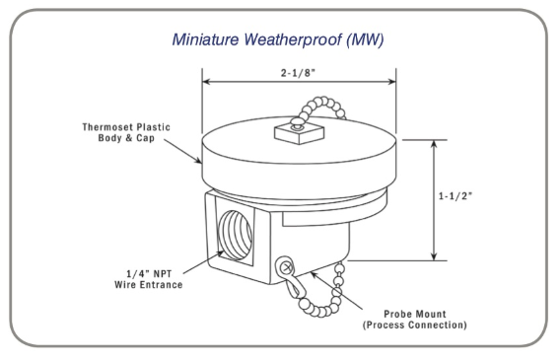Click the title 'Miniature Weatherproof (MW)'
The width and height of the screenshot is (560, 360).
point(278,39)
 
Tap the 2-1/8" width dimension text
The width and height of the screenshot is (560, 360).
point(298,73)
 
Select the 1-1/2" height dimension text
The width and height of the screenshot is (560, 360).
point(455,196)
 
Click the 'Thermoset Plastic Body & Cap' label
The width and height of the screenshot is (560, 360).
point(126,132)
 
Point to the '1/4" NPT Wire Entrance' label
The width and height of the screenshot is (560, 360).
point(149,279)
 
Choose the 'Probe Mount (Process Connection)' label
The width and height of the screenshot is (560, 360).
point(415,320)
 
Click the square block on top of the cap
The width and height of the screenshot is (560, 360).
point(300,133)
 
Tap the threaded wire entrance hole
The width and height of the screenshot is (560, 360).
point(236,236)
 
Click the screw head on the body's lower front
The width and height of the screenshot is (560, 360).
point(286,267)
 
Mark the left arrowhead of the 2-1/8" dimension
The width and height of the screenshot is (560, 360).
point(207,82)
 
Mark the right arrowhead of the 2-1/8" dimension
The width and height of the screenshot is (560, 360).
point(391,82)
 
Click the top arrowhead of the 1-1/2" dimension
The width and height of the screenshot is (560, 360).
point(434,145)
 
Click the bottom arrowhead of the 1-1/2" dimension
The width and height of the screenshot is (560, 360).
point(434,255)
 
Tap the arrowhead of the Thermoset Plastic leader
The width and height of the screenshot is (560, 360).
point(198,161)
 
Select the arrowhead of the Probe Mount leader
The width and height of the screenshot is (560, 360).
point(314,274)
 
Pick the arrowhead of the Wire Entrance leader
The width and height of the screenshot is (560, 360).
point(221,253)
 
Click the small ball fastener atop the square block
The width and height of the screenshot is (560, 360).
point(296,123)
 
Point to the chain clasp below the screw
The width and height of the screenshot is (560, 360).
point(293,287)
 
